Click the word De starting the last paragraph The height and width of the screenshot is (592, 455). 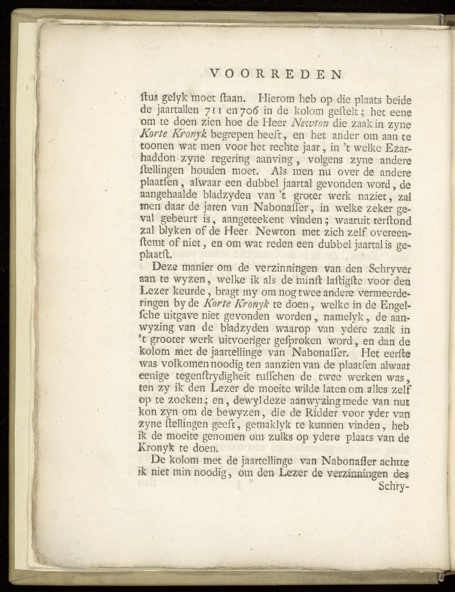point(158,461)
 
